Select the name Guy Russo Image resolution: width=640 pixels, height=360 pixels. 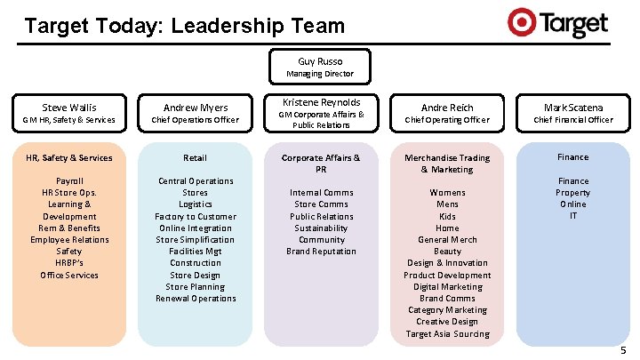pyautogui.click(x=320, y=61)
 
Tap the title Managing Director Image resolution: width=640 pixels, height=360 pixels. pyautogui.click(x=320, y=74)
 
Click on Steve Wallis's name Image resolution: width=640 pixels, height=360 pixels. pyautogui.click(x=69, y=108)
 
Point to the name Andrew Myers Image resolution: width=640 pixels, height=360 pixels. pyautogui.click(x=195, y=108)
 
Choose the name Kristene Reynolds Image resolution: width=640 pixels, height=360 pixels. pyautogui.click(x=321, y=101)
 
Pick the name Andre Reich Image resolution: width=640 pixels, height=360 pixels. pyautogui.click(x=447, y=108)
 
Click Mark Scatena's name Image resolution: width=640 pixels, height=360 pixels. pyautogui.click(x=572, y=108)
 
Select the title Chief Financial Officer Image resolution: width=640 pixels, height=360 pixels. pyautogui.click(x=572, y=120)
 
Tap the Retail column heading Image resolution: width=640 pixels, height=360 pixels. pyautogui.click(x=195, y=157)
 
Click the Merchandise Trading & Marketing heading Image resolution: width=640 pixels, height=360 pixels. pyautogui.click(x=447, y=164)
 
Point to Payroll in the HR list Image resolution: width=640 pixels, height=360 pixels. pyautogui.click(x=69, y=180)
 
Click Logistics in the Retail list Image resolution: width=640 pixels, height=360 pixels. pyautogui.click(x=195, y=204)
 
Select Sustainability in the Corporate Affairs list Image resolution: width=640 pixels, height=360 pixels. pyautogui.click(x=322, y=228)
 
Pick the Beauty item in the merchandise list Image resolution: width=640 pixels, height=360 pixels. pyautogui.click(x=447, y=252)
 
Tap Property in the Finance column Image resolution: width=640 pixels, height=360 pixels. pyautogui.click(x=572, y=192)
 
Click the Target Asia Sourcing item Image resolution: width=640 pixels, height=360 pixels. pyautogui.click(x=447, y=334)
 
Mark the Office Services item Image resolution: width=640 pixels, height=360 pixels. pyautogui.click(x=69, y=275)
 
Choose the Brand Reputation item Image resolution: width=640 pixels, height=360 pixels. pyautogui.click(x=322, y=252)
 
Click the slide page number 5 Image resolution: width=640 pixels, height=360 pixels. pyautogui.click(x=623, y=351)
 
